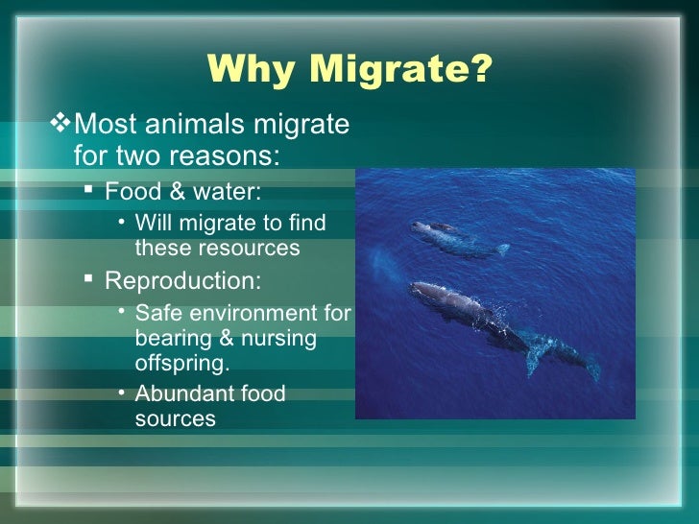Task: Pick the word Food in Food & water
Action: point(131,190)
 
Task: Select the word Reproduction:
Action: point(181,281)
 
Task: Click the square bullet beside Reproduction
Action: point(87,280)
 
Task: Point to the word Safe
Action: point(157,314)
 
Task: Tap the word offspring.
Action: point(181,366)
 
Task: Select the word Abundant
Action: point(183,393)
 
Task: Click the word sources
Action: point(175,419)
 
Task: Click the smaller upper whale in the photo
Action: point(451,236)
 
